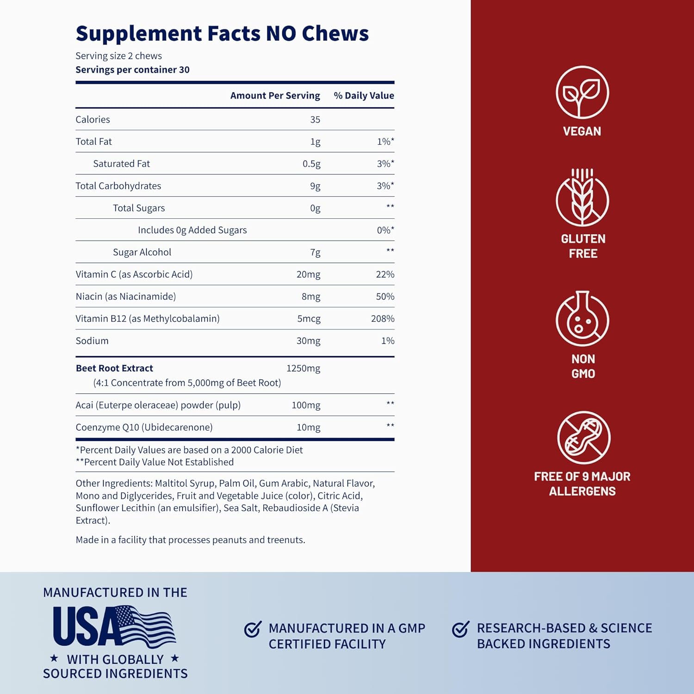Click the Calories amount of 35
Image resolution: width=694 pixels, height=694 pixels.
(x=315, y=119)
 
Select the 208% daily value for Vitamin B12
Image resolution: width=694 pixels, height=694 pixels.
(x=383, y=319)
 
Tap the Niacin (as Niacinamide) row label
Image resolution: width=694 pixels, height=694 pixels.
(x=126, y=297)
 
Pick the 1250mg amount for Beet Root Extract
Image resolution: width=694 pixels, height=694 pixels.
(x=303, y=368)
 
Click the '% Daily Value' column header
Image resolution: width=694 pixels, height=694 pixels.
(x=364, y=96)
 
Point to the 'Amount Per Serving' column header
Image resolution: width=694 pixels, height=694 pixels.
(x=275, y=96)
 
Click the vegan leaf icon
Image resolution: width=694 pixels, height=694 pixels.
(x=582, y=92)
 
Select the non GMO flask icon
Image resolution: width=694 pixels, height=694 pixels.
(x=582, y=319)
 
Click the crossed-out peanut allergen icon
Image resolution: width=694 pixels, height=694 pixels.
(x=583, y=438)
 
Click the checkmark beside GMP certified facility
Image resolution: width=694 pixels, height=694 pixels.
(x=253, y=629)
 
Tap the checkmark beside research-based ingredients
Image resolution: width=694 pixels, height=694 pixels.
(x=460, y=629)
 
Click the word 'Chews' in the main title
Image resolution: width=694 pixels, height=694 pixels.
(x=335, y=34)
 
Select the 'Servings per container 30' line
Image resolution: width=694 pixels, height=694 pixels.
(x=132, y=70)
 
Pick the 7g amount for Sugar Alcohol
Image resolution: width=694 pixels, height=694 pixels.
(x=315, y=253)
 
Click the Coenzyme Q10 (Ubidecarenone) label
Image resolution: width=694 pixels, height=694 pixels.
(x=144, y=428)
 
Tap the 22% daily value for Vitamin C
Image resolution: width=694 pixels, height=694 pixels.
(x=385, y=274)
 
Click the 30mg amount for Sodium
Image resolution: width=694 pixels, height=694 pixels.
(x=308, y=341)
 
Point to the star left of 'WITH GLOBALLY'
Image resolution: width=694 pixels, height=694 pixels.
(x=54, y=658)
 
